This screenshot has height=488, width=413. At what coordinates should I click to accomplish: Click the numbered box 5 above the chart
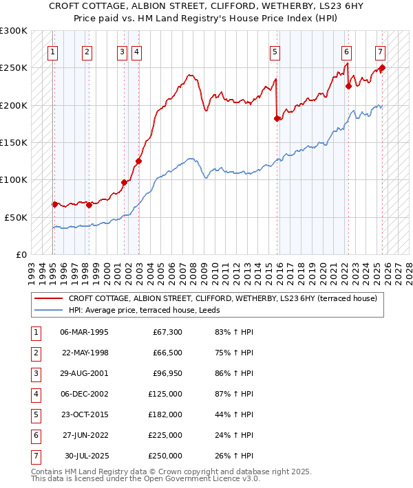click(x=275, y=51)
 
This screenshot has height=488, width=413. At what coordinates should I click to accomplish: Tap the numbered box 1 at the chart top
click(x=53, y=51)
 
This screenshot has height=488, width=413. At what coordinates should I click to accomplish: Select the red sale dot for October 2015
click(x=277, y=118)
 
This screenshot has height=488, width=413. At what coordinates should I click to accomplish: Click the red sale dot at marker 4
click(x=138, y=162)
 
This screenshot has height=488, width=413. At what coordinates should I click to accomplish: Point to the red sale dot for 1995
click(x=55, y=204)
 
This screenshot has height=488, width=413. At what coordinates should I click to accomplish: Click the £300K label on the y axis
click(x=14, y=31)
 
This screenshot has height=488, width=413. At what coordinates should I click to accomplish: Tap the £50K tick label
click(x=17, y=217)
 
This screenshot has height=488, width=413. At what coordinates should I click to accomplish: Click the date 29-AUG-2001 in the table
click(x=84, y=375)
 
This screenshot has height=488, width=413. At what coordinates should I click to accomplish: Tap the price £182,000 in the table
click(x=165, y=415)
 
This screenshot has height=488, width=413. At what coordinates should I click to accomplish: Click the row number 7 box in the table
click(x=35, y=456)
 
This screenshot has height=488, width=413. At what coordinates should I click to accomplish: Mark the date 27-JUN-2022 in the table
click(x=84, y=435)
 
